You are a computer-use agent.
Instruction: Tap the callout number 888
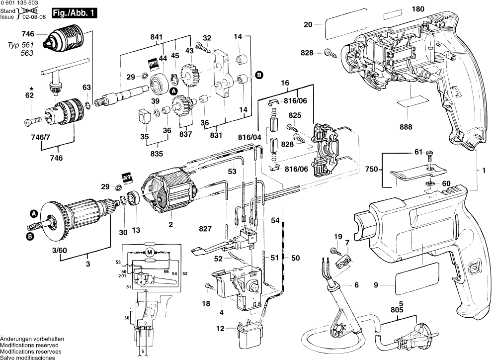[406, 127]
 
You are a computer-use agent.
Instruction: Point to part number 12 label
[219, 328]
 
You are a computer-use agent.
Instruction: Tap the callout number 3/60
[60, 250]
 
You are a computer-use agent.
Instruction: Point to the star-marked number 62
[29, 95]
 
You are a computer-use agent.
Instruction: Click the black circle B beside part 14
[258, 75]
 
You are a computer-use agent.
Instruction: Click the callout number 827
[205, 229]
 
